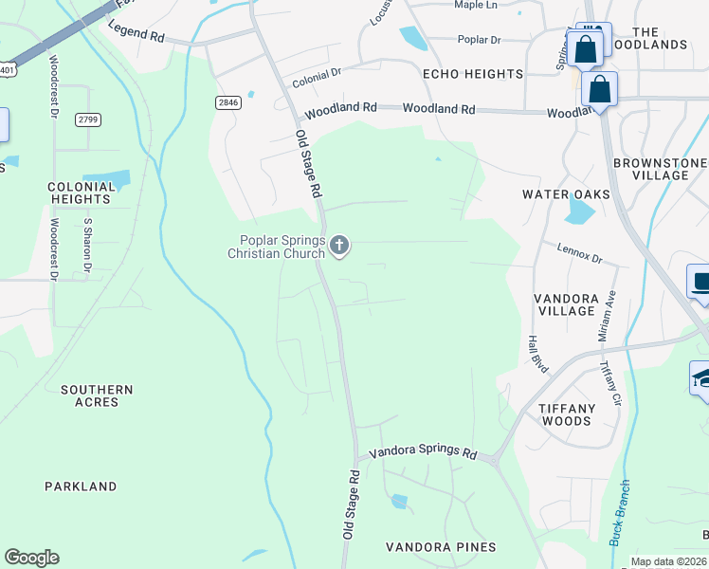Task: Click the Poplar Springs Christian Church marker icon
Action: tap(339, 247)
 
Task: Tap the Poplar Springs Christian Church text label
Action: tap(276, 247)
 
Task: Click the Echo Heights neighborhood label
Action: tap(473, 74)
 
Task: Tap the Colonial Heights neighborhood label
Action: tap(82, 193)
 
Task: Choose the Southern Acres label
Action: tap(97, 395)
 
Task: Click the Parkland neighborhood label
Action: tap(81, 486)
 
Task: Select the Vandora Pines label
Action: tap(441, 547)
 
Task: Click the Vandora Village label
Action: tap(566, 304)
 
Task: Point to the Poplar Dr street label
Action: tap(479, 40)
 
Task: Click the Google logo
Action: tap(31, 558)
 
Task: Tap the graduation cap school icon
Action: tap(701, 378)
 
